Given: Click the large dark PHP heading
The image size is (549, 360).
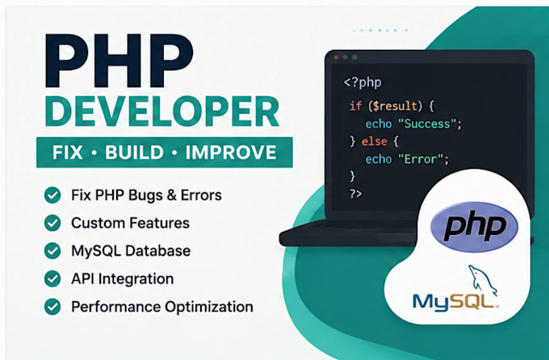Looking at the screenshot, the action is coord(119,61).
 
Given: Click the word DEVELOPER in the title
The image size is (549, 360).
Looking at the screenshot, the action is coord(161,111).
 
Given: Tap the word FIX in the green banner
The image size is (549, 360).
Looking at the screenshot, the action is coord(68,153).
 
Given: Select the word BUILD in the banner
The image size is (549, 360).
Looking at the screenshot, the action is coord(135,153).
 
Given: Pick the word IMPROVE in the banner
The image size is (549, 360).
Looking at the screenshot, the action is coord(231,153).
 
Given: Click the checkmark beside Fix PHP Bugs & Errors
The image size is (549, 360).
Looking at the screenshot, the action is coord(52,195).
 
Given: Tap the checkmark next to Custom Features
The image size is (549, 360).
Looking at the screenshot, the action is coord(52,223).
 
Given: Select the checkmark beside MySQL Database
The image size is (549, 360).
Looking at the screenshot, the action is coord(52,251).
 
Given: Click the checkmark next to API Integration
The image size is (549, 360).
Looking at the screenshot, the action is coord(52,278).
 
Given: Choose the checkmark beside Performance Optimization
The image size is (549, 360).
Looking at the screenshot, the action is coord(52,307).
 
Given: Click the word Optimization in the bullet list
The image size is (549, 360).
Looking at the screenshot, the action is coord(209,307).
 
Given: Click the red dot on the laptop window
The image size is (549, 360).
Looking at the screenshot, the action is coord(336,57).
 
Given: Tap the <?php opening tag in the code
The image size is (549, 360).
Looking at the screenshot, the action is coord(363,82).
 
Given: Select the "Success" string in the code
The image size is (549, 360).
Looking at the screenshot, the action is coord(428,123).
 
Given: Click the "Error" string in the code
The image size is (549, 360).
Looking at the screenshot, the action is coord(421,159).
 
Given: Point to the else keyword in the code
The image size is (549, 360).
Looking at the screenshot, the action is coord(375,141).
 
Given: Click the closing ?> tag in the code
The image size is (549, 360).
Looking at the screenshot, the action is coord(356,193).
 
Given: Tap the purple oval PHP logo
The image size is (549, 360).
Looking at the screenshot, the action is coord(474,227).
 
